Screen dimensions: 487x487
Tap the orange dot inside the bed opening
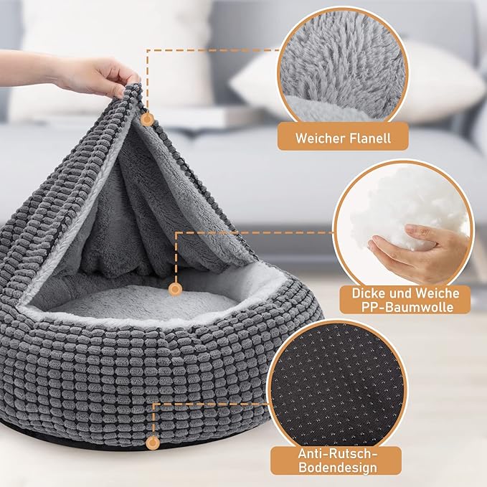(174, 289)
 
